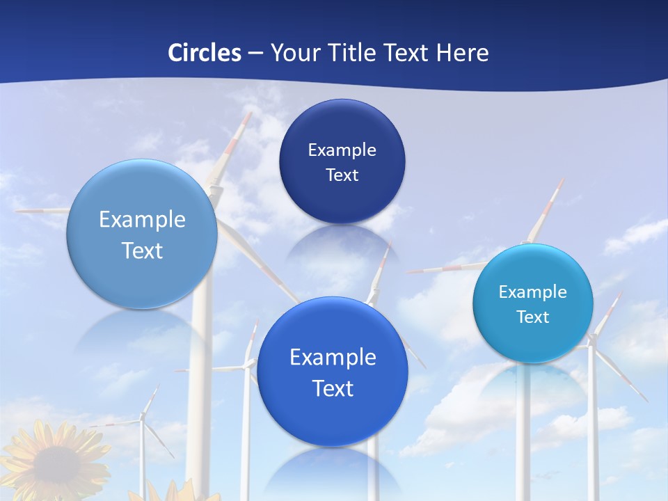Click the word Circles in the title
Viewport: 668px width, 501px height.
click(205, 53)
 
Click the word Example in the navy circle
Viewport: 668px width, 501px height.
click(342, 150)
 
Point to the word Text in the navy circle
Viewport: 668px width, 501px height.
click(342, 175)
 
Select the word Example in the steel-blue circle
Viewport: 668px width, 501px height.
click(142, 220)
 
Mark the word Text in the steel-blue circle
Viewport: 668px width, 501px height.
click(142, 250)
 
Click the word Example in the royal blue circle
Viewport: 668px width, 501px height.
click(333, 358)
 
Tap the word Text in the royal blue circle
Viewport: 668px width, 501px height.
click(333, 388)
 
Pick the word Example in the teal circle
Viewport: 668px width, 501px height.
click(533, 292)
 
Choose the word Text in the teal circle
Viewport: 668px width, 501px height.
click(533, 317)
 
